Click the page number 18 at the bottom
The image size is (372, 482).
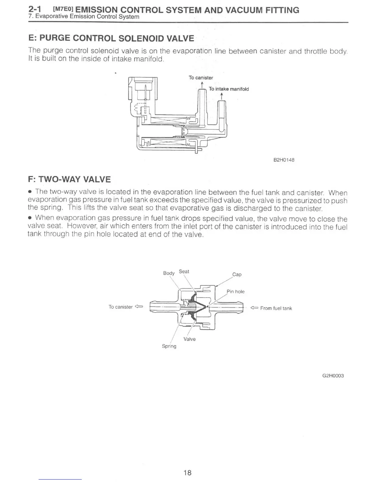188,472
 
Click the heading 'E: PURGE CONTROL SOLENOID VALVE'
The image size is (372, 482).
111,38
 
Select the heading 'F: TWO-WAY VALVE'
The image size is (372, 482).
69,179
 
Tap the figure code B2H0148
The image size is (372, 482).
284,160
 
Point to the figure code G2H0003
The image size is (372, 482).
333,375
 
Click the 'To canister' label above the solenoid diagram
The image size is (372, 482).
201,78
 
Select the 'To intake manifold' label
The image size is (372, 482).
229,89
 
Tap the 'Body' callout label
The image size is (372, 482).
169,273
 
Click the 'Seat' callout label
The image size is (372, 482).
184,271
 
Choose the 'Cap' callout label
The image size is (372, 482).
237,274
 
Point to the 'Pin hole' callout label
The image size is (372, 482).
236,292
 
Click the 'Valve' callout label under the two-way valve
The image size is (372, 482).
190,339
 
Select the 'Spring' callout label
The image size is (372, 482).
169,346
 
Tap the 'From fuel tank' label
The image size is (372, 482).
276,308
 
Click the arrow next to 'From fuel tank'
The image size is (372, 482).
254,308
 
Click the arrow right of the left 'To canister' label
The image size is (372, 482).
139,306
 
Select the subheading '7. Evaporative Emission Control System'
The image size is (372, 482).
84,17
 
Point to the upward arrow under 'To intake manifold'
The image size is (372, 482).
222,96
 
